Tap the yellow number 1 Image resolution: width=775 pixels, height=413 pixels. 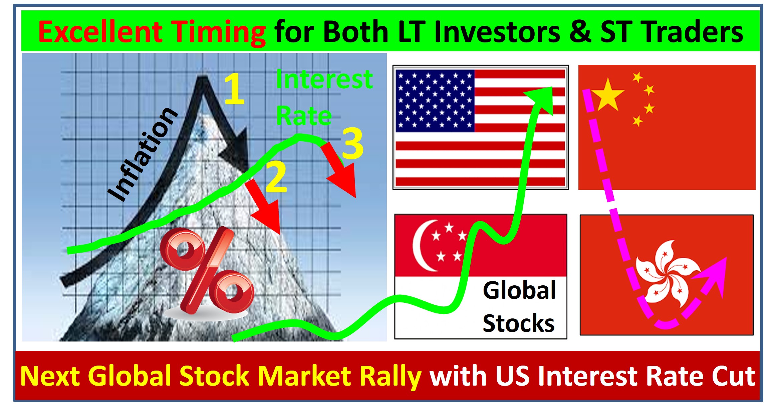[x=234, y=89]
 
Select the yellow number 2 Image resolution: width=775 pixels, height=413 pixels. [x=276, y=176]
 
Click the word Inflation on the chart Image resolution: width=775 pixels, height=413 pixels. [x=143, y=154]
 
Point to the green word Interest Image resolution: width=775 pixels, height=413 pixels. [x=324, y=80]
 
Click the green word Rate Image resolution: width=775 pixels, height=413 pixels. [x=304, y=116]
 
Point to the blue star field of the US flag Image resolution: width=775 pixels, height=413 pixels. [x=435, y=101]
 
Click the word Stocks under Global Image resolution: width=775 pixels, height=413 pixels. [x=519, y=323]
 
